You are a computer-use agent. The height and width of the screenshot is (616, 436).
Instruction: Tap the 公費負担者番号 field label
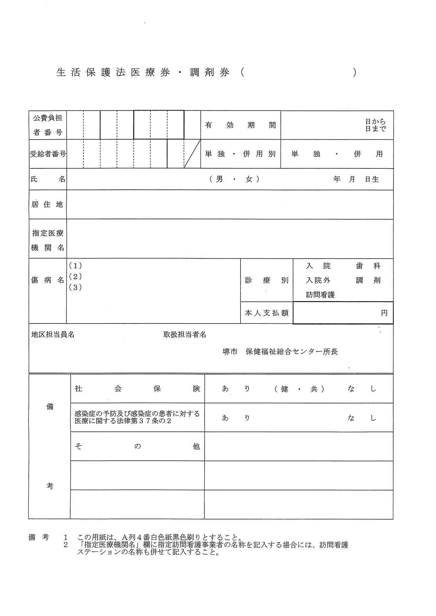click(x=48, y=125)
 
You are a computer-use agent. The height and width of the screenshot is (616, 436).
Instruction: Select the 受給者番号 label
click(x=48, y=154)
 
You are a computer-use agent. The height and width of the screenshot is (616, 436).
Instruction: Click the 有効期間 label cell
click(x=240, y=125)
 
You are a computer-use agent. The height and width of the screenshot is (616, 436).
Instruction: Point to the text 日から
click(x=375, y=122)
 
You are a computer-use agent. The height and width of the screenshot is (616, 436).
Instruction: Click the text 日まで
click(x=375, y=129)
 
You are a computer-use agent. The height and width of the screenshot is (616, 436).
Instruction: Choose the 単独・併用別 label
click(x=240, y=154)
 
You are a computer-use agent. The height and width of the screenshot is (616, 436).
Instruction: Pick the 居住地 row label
click(x=47, y=205)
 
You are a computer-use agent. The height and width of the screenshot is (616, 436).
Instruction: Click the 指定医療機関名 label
click(x=48, y=240)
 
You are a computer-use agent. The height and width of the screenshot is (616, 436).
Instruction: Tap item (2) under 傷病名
click(x=75, y=276)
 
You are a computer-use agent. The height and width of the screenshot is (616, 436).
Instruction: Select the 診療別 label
click(x=266, y=280)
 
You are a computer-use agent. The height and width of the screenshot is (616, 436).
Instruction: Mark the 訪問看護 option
click(x=320, y=295)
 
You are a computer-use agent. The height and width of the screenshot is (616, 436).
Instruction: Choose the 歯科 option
click(x=368, y=266)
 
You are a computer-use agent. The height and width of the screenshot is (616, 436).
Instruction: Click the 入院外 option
click(x=318, y=280)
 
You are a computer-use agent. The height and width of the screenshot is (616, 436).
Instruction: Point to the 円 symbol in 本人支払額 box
click(x=384, y=313)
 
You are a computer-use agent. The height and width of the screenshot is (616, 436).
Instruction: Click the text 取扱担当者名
click(x=185, y=335)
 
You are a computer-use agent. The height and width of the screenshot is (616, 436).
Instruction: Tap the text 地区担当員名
click(x=53, y=335)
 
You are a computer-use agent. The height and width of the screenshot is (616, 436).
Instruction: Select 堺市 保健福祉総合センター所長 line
click(x=280, y=352)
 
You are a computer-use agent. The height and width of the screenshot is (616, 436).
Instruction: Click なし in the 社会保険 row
click(x=362, y=389)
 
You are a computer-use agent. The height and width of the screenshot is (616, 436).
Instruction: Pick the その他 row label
click(x=137, y=447)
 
